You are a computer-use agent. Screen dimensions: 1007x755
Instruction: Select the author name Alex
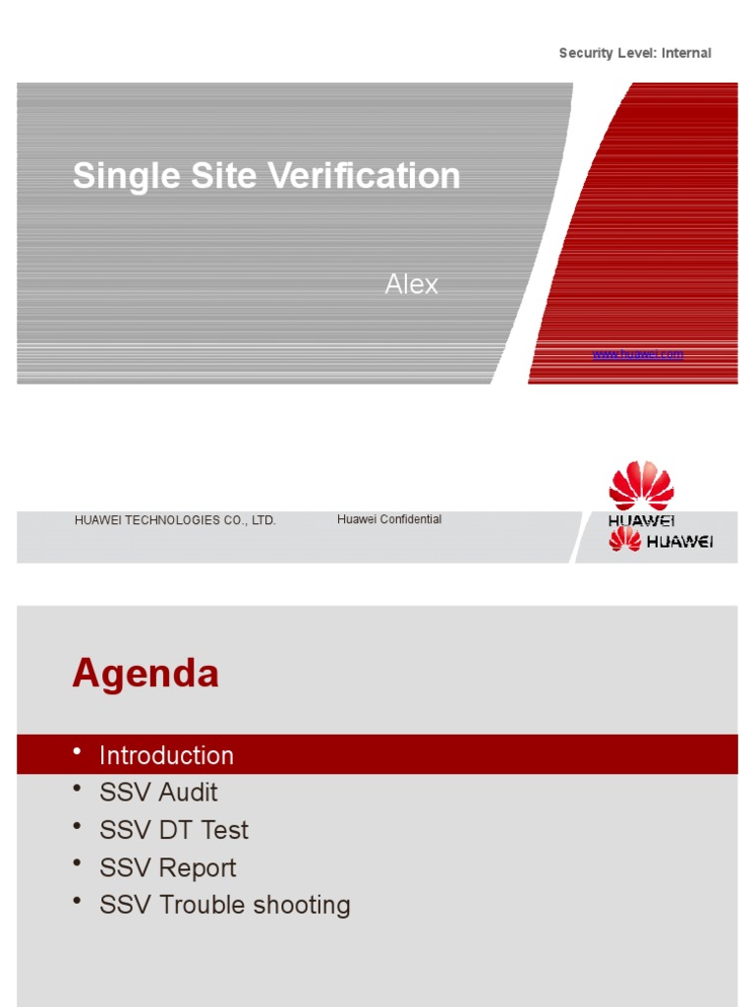click(411, 285)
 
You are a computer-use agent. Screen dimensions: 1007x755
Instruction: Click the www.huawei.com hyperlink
click(637, 354)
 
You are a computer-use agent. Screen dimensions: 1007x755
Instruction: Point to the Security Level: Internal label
click(634, 53)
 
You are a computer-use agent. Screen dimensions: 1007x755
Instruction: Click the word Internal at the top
click(686, 53)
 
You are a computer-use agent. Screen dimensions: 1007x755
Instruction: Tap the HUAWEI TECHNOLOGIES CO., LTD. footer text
click(175, 520)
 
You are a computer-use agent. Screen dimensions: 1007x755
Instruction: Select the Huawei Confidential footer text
click(389, 519)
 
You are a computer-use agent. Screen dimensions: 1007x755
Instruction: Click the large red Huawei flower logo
click(641, 486)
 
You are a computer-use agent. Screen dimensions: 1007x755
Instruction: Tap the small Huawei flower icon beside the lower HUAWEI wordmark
click(624, 539)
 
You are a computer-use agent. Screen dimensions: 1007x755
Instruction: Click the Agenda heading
click(145, 675)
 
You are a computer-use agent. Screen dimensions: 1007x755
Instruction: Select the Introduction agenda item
click(166, 755)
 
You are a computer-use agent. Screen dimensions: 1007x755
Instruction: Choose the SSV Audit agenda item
click(158, 793)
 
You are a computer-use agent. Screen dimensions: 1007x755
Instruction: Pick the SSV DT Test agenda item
click(174, 830)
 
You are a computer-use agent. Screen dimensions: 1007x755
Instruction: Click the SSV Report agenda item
click(168, 867)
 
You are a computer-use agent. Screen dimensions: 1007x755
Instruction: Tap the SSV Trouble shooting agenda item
click(225, 905)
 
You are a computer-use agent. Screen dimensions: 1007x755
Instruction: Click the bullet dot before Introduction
click(78, 752)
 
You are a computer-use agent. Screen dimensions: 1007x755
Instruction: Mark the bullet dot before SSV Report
click(78, 864)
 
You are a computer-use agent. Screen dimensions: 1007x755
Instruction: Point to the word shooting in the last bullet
click(302, 906)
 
